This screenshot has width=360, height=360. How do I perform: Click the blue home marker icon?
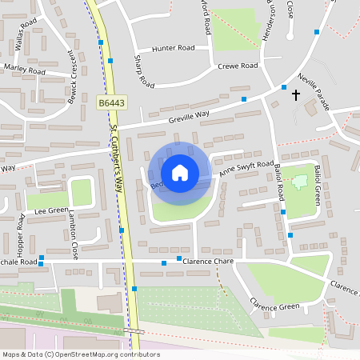180,173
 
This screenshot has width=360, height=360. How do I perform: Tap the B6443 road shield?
112,103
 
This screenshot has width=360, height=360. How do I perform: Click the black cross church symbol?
296,95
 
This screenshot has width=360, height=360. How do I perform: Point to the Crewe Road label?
238,66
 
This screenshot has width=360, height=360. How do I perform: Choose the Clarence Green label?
274,305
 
